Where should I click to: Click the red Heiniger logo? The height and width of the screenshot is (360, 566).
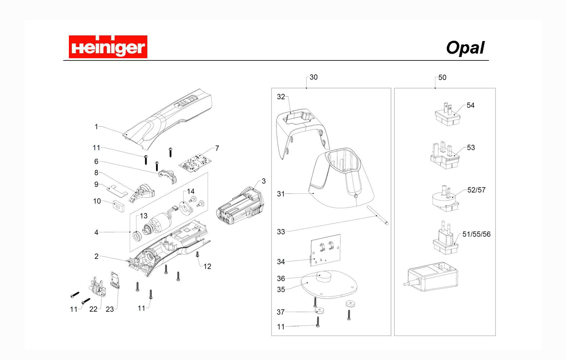pyautogui.click(x=108, y=47)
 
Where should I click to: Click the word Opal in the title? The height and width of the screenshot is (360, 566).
pyautogui.click(x=465, y=48)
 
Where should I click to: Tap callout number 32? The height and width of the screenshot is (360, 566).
pyautogui.click(x=281, y=97)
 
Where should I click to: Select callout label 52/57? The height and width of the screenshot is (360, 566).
pyautogui.click(x=476, y=190)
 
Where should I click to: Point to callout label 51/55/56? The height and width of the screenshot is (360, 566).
pyautogui.click(x=476, y=234)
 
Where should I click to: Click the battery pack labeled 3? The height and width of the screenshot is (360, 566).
pyautogui.click(x=240, y=207)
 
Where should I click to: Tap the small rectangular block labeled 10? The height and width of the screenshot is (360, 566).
pyautogui.click(x=118, y=206)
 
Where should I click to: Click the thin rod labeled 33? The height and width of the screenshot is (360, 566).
pyautogui.click(x=377, y=215)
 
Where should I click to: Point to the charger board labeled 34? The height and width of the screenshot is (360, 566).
pyautogui.click(x=325, y=250)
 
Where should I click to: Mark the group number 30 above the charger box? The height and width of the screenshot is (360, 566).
pyautogui.click(x=313, y=77)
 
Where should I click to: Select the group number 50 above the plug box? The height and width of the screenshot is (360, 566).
pyautogui.click(x=442, y=78)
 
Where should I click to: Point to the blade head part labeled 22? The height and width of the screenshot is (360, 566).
pyautogui.click(x=98, y=288)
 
